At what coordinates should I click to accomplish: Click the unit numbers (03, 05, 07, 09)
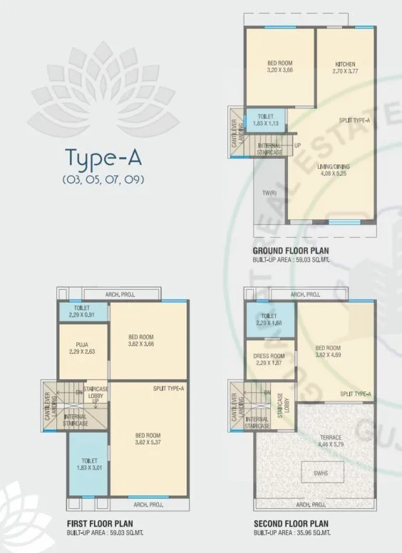(103, 179)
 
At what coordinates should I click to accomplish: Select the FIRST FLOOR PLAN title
(97, 523)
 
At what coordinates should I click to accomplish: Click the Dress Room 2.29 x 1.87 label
(269, 359)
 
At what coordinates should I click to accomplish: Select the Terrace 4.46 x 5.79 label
(330, 441)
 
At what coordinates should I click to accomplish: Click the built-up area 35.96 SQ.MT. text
(286, 532)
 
